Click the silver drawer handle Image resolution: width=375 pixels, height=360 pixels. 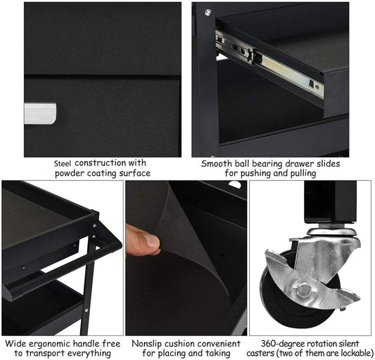[40, 113]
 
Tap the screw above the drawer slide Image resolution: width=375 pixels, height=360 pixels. [208, 12]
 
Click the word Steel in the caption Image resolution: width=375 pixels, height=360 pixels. [63, 164]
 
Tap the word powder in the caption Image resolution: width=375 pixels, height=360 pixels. [70, 174]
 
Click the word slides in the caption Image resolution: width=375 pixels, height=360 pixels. [329, 164]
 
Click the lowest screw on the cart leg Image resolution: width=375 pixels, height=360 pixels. [87, 310]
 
